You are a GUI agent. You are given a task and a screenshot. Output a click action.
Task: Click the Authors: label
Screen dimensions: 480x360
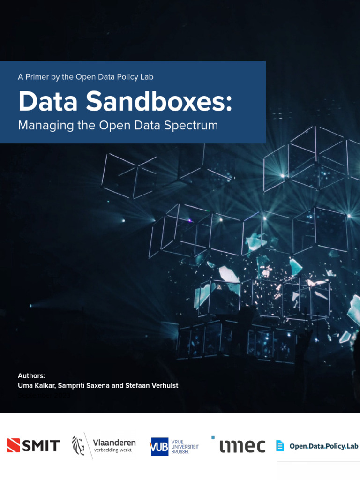click(x=31, y=375)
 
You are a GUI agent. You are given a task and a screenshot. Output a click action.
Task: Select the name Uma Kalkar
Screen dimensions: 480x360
click(x=36, y=385)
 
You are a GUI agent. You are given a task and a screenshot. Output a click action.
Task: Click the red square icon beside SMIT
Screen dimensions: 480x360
click(x=13, y=445)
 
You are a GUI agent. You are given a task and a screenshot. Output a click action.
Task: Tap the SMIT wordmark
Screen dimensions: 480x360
click(x=41, y=445)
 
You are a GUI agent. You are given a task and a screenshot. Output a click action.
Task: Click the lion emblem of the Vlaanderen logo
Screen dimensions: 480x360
click(x=79, y=445)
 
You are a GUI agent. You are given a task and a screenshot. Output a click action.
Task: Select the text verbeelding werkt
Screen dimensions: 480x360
click(x=113, y=450)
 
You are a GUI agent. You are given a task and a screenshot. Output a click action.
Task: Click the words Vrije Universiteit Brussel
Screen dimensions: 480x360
click(x=185, y=446)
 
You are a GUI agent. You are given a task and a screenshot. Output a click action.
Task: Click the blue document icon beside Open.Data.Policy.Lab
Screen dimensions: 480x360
click(x=280, y=445)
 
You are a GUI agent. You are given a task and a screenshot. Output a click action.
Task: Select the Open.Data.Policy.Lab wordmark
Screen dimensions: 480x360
click(x=323, y=446)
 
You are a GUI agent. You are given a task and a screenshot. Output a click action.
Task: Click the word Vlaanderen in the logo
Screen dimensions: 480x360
click(x=114, y=442)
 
